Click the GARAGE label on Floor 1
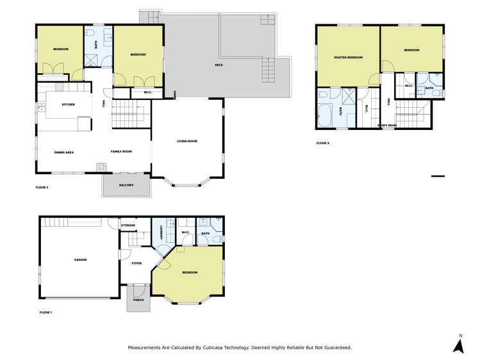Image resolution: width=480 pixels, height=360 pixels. click(x=80, y=259)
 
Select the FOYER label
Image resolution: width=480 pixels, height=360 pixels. click(x=137, y=263)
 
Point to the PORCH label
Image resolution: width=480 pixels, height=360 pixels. click(x=138, y=300)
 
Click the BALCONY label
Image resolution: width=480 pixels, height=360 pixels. click(x=126, y=185)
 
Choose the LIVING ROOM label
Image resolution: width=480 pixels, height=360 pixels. click(x=187, y=141)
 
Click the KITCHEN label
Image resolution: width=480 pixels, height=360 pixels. click(x=69, y=104)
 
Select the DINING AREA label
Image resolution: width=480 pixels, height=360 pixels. click(x=64, y=152)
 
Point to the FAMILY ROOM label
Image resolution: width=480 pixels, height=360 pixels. click(x=121, y=151)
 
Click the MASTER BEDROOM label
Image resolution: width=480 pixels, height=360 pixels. click(x=348, y=57)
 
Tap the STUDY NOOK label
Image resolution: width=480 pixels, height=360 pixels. click(x=387, y=126)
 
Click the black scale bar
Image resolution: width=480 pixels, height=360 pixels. click(x=438, y=176)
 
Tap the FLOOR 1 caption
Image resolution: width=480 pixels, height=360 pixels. click(x=46, y=312)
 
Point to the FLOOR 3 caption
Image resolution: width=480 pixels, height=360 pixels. click(x=323, y=143)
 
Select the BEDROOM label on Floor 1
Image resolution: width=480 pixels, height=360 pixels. click(x=190, y=273)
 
